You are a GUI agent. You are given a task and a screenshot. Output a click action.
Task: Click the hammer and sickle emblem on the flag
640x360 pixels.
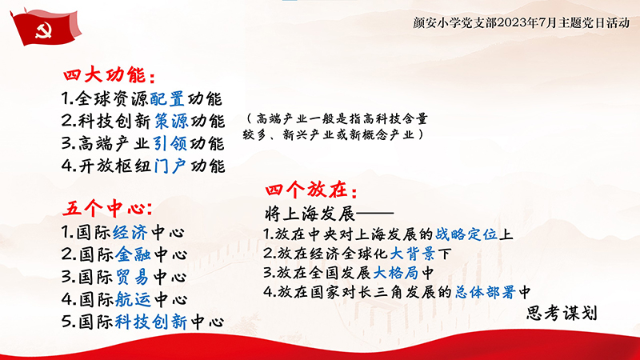[43, 30]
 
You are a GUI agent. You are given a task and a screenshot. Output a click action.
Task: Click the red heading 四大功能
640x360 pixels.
[110, 75]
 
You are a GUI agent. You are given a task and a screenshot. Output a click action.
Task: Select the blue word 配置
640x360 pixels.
[166, 98]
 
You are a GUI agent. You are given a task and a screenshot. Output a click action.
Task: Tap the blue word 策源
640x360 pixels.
[171, 121]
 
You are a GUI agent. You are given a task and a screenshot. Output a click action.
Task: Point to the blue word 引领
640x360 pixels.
[170, 143]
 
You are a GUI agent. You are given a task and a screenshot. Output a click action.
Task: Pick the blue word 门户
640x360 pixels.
[170, 166]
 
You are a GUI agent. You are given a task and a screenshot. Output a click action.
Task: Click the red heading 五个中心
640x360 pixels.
[107, 209]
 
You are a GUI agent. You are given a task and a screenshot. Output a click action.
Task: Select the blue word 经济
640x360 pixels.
[130, 232]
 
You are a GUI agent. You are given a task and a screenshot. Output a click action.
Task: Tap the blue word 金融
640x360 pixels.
[133, 254]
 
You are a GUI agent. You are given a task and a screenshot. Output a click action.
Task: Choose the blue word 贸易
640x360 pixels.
[132, 277]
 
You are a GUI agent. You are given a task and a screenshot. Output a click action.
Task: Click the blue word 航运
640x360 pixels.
[133, 299]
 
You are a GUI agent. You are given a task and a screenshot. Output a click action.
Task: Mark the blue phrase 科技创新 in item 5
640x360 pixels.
[151, 322]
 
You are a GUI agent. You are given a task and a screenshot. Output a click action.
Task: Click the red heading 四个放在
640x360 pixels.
[311, 190]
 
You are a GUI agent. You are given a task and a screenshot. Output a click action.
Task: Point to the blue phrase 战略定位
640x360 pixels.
[466, 234]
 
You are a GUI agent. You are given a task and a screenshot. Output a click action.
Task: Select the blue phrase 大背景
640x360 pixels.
[412, 254]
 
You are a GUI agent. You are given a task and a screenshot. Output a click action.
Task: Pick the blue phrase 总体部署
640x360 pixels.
[486, 292]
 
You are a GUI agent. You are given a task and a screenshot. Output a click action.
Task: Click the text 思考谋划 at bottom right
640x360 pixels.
[562, 313]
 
